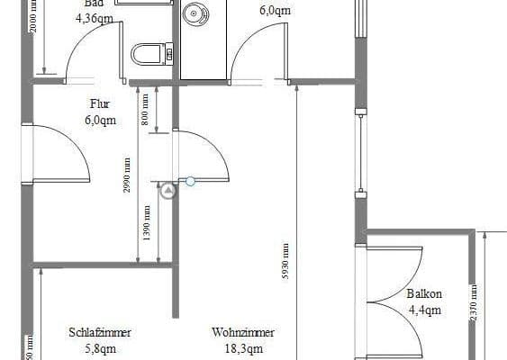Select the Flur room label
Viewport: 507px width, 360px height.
click(100, 104)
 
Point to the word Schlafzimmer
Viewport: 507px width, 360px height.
click(100, 332)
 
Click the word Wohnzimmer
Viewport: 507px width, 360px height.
click(243, 332)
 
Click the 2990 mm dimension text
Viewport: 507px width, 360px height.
click(128, 175)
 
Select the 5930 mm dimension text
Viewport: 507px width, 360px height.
click(285, 262)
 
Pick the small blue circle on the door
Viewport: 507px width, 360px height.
click(190, 181)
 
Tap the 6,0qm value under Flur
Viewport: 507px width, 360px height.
click(100, 120)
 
